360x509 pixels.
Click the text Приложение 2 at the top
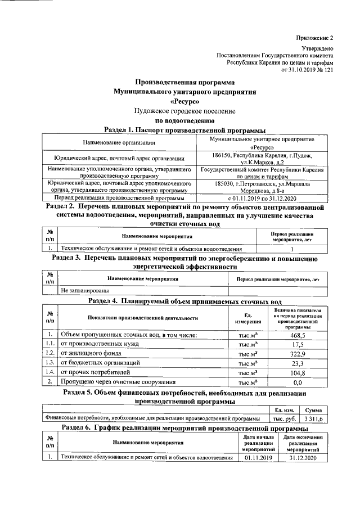click(x=315, y=38)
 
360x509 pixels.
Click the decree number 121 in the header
click(x=328, y=70)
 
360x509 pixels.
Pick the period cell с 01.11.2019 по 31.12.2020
click(x=260, y=199)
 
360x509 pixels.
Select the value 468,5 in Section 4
click(x=298, y=335)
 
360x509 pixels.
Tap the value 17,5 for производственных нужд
click(x=298, y=344)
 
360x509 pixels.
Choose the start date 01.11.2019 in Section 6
click(x=258, y=458)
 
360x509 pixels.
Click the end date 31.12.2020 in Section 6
click(x=303, y=458)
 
